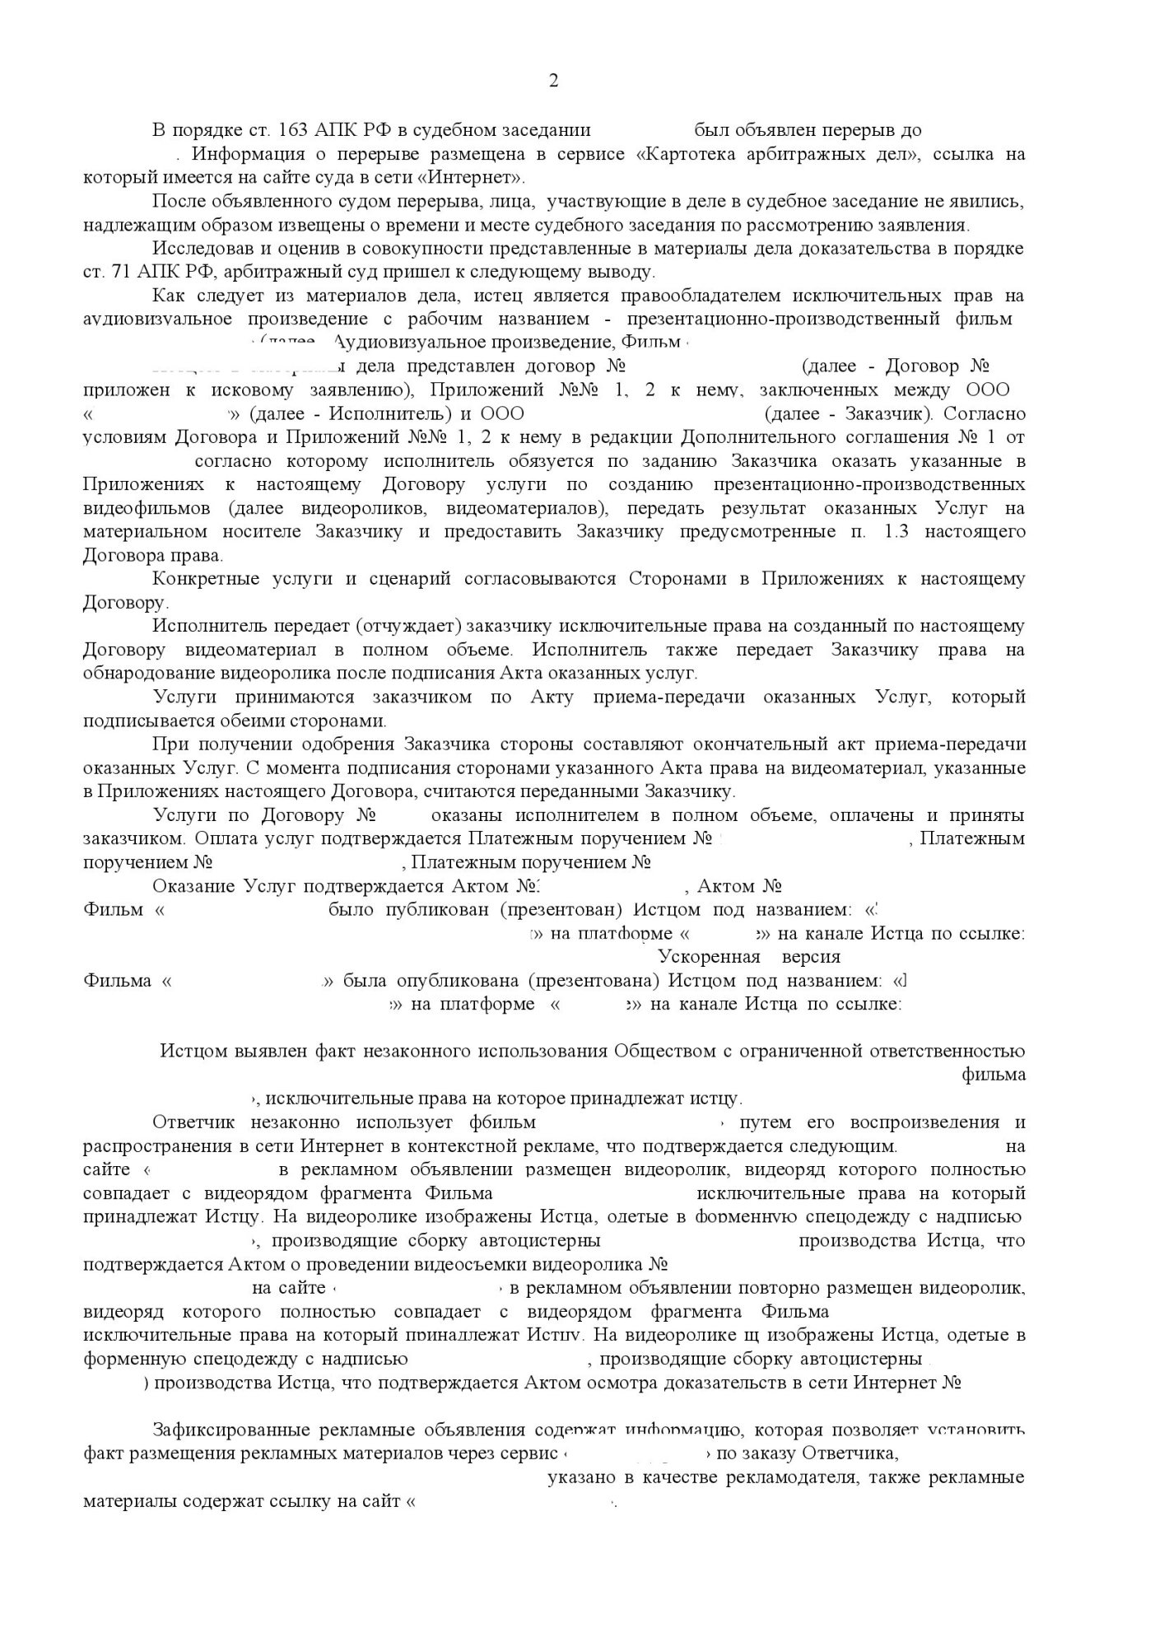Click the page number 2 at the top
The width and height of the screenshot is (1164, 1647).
(553, 81)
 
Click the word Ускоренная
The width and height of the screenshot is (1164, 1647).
(709, 957)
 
